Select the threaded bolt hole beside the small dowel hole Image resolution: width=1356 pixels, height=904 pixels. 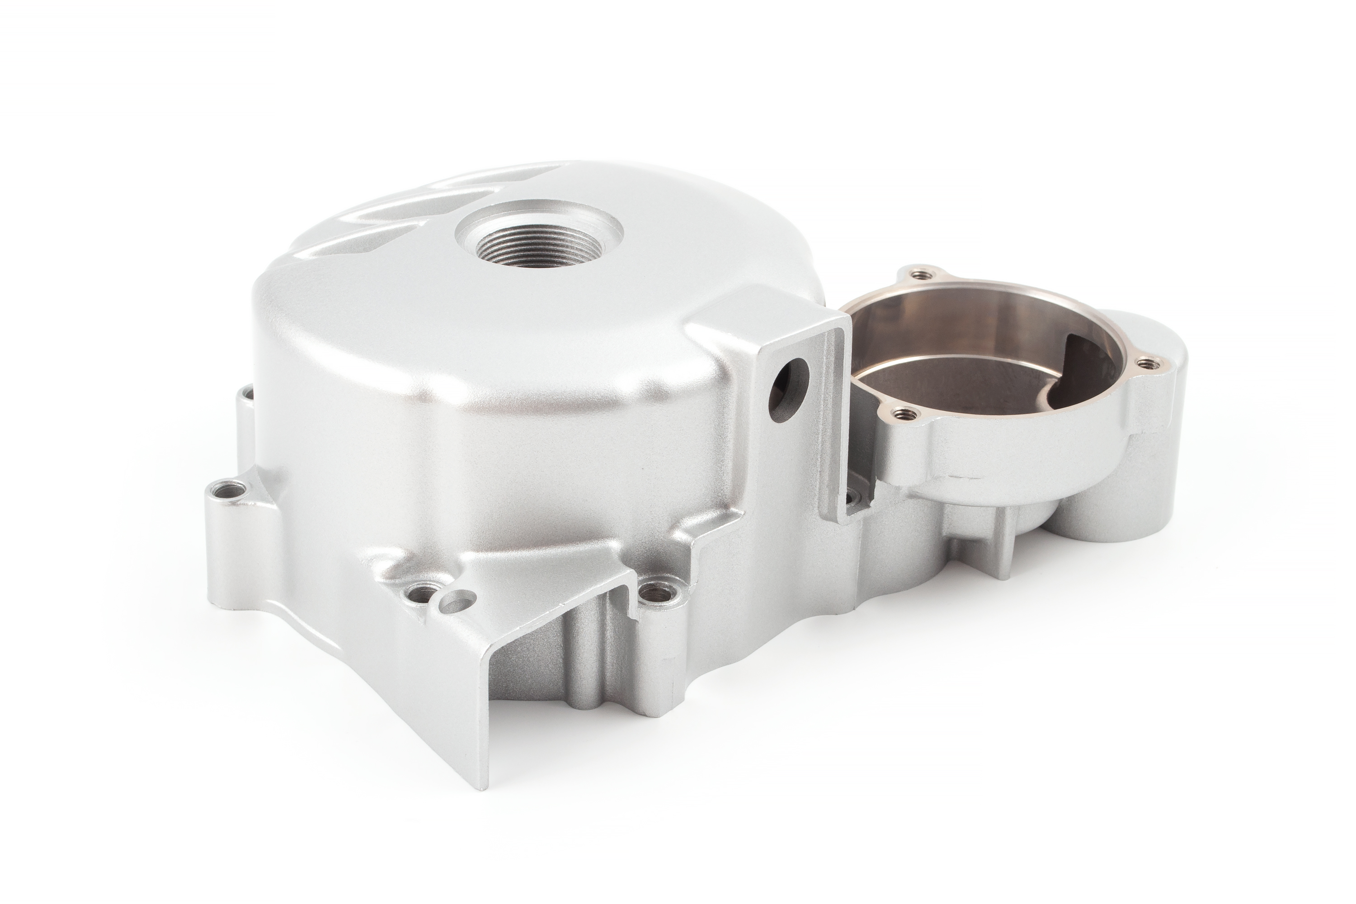coord(424,592)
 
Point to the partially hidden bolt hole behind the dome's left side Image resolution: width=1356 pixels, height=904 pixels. coord(248,394)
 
